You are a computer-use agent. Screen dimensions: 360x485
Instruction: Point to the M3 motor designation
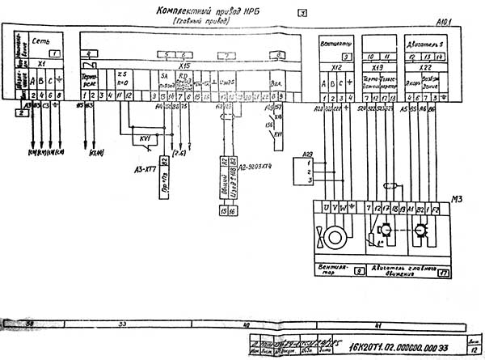pos(458,199)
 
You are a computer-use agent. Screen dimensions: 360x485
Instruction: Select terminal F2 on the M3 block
pos(436,209)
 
